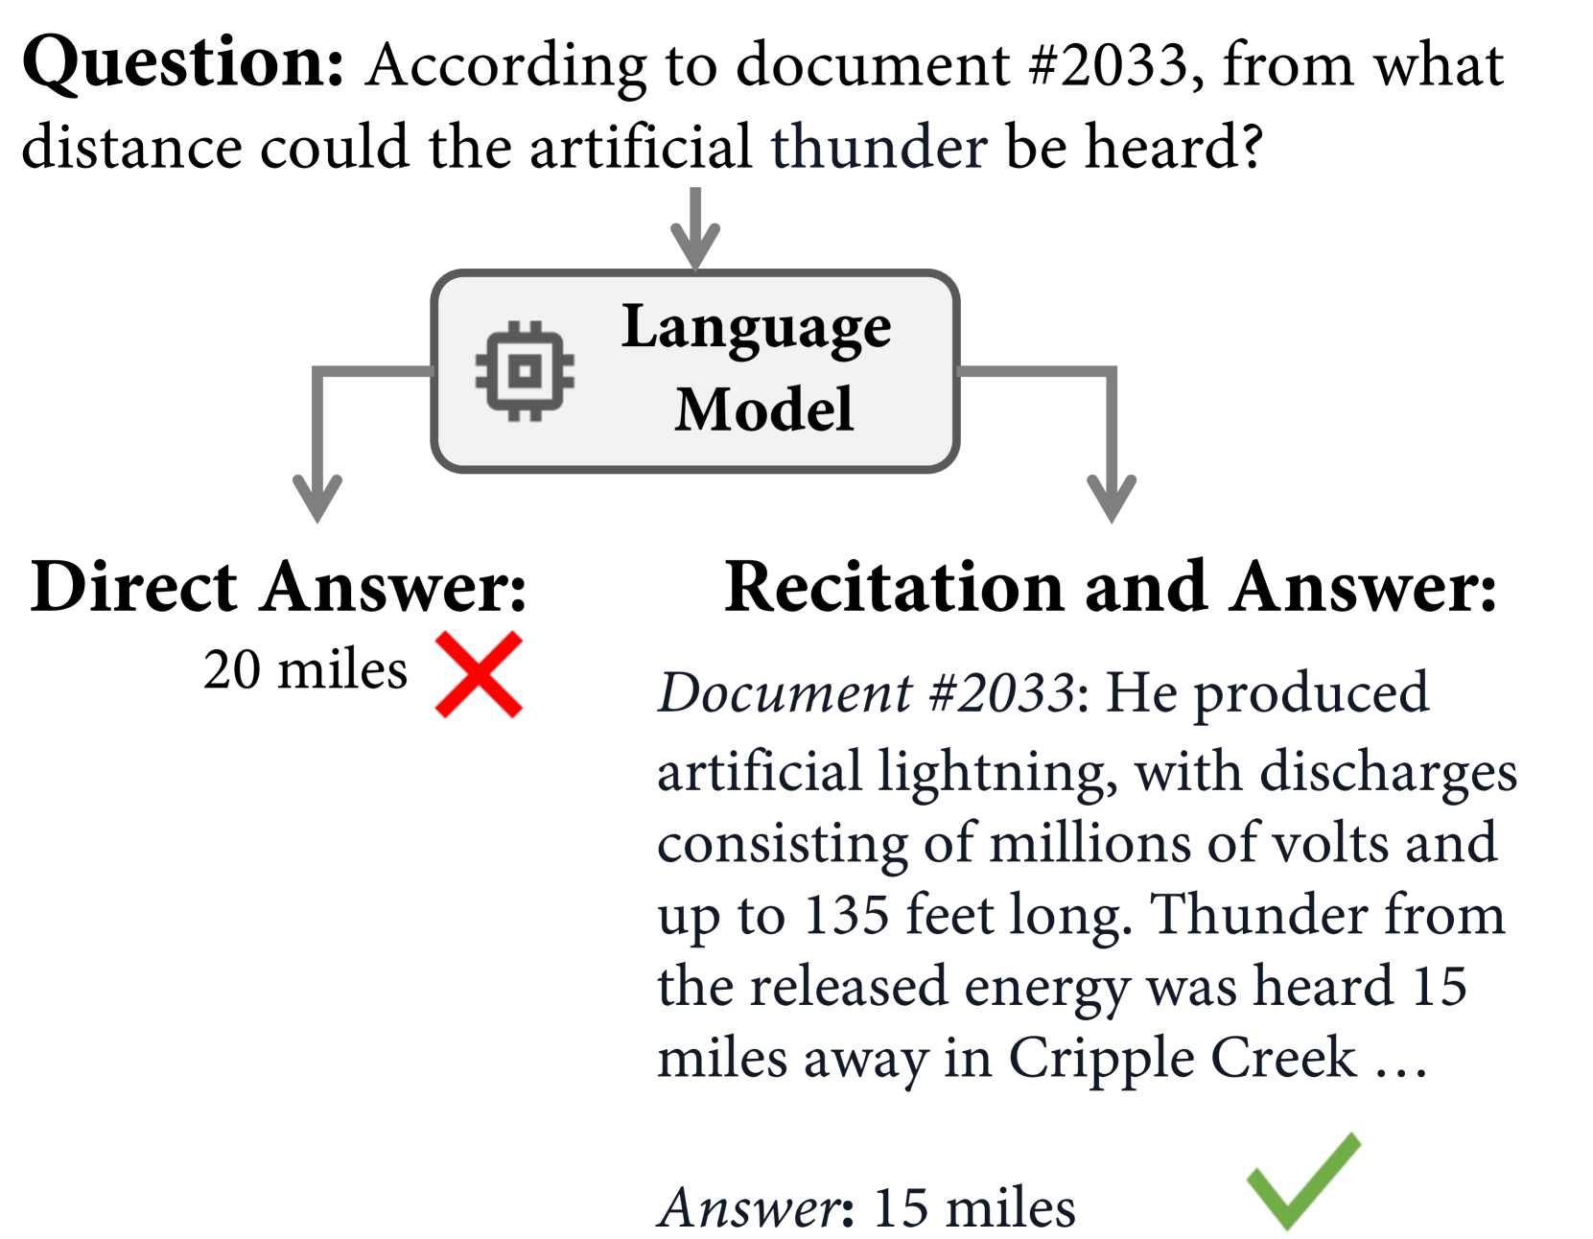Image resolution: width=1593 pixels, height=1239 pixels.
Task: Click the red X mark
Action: (479, 674)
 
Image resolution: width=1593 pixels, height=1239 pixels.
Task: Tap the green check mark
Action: (1302, 1181)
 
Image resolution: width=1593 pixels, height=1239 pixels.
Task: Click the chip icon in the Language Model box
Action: (525, 371)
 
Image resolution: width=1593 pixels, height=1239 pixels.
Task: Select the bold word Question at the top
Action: (182, 63)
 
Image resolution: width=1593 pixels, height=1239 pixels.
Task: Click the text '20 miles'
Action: (305, 669)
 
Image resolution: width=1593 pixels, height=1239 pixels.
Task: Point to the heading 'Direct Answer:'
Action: (278, 587)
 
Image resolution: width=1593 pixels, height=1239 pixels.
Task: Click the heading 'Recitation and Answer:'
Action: (1110, 587)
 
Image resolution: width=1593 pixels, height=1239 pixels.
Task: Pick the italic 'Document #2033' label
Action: (865, 692)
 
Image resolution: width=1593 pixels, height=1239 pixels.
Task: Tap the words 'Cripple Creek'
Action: (1183, 1058)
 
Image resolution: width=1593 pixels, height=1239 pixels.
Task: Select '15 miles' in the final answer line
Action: (974, 1207)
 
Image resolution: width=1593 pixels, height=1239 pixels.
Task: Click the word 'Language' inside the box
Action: (757, 329)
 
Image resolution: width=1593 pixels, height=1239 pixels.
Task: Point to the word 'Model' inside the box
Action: (763, 409)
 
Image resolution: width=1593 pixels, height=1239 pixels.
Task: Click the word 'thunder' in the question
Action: (878, 148)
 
